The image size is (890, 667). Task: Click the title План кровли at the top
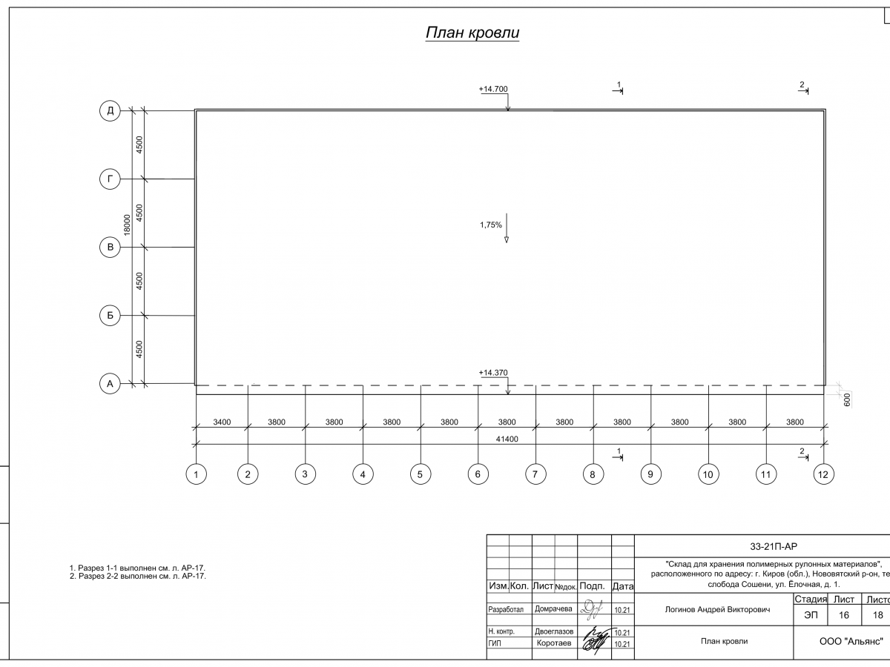pyautogui.click(x=472, y=33)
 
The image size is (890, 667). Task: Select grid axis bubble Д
pyautogui.click(x=110, y=111)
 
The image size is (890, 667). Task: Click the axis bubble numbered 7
pyautogui.click(x=535, y=474)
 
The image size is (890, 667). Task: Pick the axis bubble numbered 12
pyautogui.click(x=823, y=474)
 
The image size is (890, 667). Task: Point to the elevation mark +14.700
pyautogui.click(x=493, y=90)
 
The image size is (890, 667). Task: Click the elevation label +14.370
pyautogui.click(x=493, y=373)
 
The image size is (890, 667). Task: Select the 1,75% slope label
pyautogui.click(x=491, y=225)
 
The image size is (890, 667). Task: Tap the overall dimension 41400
pyautogui.click(x=508, y=439)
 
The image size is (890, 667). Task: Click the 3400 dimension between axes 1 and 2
pyautogui.click(x=222, y=422)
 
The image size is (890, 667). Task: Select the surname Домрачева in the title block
pyautogui.click(x=553, y=609)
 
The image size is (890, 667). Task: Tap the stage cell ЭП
pyautogui.click(x=811, y=615)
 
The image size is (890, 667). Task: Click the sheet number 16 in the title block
pyautogui.click(x=844, y=615)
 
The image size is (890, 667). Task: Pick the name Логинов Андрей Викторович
pyautogui.click(x=713, y=610)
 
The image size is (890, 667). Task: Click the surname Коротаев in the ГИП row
pyautogui.click(x=553, y=644)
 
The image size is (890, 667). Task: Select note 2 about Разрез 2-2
pyautogui.click(x=137, y=576)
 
